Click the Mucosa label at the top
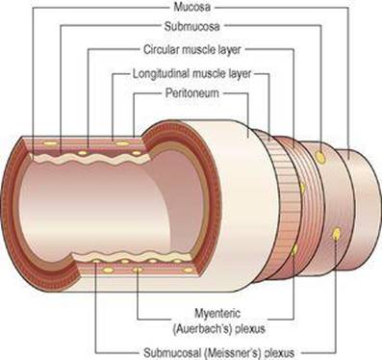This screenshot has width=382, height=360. click(x=191, y=7)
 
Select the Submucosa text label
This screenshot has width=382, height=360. click(x=191, y=27)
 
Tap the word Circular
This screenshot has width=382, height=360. click(x=161, y=50)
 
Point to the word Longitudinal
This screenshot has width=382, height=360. click(x=162, y=74)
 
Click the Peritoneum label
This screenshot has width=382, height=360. click(x=192, y=93)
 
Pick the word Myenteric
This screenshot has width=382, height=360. click(x=217, y=313)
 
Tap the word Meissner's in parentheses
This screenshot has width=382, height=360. click(x=233, y=353)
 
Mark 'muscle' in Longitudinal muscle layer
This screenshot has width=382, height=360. click(x=210, y=74)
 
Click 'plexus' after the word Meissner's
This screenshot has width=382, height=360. click(x=279, y=353)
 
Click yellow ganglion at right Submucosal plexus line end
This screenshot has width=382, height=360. click(x=337, y=234)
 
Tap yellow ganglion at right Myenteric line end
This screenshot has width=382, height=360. click(x=294, y=249)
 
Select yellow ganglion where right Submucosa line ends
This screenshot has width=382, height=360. click(x=319, y=157)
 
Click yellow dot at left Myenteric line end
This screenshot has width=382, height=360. click(x=138, y=269)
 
